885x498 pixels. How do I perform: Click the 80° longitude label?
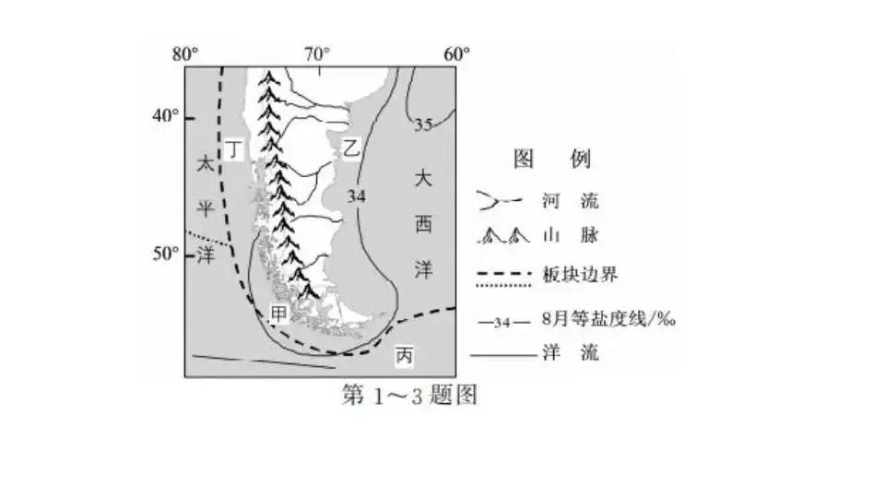pos(187,53)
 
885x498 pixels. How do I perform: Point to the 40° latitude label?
pos(167,116)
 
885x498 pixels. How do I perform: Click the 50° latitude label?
pos(167,253)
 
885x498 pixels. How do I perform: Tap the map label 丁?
pos(235,148)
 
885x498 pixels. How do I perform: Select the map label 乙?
pos(351,148)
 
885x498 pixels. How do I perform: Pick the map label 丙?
pos(404,353)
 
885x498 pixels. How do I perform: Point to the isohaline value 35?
pos(423,124)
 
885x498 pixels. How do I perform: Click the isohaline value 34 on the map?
pos(357,196)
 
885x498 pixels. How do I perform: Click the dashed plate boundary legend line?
pos(506,275)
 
